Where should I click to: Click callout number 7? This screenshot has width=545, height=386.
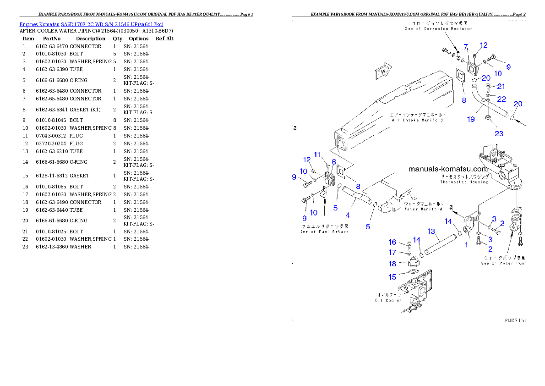(466, 47)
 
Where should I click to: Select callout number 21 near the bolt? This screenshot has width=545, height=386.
(501, 86)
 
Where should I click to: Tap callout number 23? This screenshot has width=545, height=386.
(499, 133)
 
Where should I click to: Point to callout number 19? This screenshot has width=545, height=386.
(471, 119)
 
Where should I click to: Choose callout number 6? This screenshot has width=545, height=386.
(334, 162)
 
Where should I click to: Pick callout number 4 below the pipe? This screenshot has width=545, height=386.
(348, 215)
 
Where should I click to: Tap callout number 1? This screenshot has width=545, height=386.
(467, 245)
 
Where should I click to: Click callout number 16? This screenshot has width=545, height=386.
(392, 242)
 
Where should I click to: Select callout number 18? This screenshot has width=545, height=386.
(392, 264)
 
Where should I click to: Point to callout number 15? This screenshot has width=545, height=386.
(392, 277)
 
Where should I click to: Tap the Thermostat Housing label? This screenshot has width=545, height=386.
(464, 179)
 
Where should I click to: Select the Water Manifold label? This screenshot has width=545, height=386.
(423, 206)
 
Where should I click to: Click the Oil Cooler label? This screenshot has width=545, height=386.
(388, 298)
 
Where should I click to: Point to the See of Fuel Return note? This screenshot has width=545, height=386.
(324, 229)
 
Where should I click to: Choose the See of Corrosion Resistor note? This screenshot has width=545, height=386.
(438, 26)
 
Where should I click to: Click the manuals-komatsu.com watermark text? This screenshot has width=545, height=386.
(448, 169)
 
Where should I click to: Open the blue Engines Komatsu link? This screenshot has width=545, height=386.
(91, 24)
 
